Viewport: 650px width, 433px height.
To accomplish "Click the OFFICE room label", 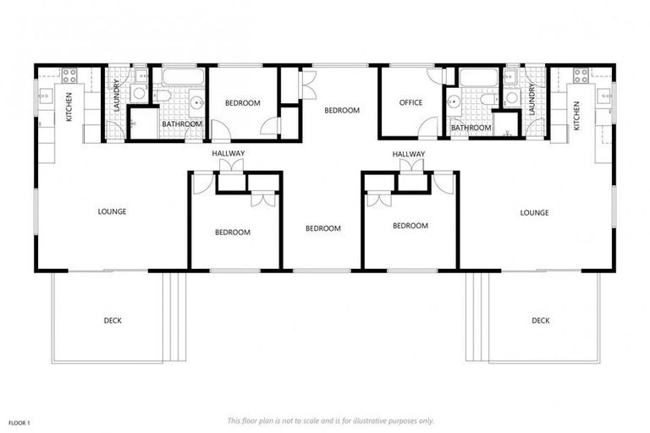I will click(410, 103).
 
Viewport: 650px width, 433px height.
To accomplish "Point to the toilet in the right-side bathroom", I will click(487, 99).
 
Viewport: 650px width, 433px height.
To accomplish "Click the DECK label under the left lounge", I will click(113, 321).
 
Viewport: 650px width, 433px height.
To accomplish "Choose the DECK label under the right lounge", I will click(541, 321).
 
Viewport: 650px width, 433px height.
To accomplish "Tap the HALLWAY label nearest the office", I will click(409, 153).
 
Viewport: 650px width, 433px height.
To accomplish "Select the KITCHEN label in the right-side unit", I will click(577, 116).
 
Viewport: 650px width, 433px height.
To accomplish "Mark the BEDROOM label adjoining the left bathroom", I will click(243, 103).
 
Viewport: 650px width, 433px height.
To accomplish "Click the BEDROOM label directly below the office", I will click(410, 226).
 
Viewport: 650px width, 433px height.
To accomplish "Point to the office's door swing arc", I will click(430, 127).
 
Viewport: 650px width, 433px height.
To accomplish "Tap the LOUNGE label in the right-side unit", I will click(535, 212).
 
